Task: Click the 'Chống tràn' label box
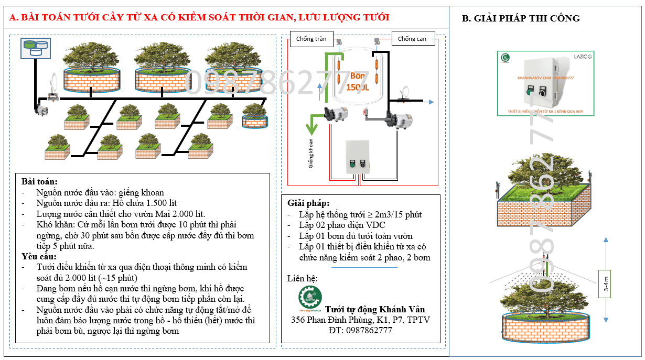point(311,39)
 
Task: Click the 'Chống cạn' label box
point(413,39)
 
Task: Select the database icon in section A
point(34,48)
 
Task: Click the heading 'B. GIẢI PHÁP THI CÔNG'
point(520,18)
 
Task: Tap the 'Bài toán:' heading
point(36,181)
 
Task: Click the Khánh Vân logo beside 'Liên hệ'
point(310,299)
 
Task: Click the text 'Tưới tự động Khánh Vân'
point(374,309)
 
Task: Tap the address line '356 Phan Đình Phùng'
point(360,320)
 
